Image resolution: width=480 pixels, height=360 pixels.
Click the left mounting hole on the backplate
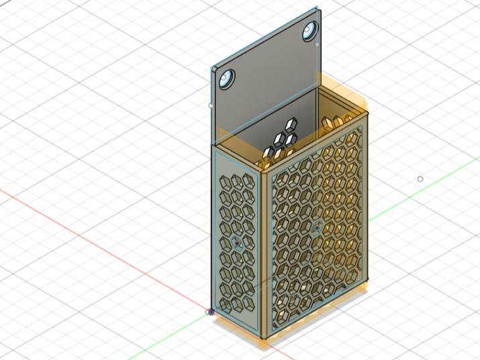click(226, 79)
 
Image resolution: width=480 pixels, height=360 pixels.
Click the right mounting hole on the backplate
click(310, 30)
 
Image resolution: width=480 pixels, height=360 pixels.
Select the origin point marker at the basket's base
click(211, 312)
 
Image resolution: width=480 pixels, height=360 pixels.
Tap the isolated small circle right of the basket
click(420, 179)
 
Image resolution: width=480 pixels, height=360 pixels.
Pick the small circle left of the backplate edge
click(211, 105)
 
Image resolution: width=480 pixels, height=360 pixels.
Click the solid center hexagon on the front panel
click(316, 229)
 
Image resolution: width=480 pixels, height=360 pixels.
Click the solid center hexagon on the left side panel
click(237, 242)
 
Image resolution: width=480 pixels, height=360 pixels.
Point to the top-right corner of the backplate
click(318, 9)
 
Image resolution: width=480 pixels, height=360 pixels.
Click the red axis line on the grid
click(101, 235)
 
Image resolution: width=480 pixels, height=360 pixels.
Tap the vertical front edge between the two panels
click(264, 255)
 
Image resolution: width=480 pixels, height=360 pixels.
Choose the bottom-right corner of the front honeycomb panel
click(367, 279)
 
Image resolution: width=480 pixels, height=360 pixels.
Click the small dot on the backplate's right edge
click(318, 44)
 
